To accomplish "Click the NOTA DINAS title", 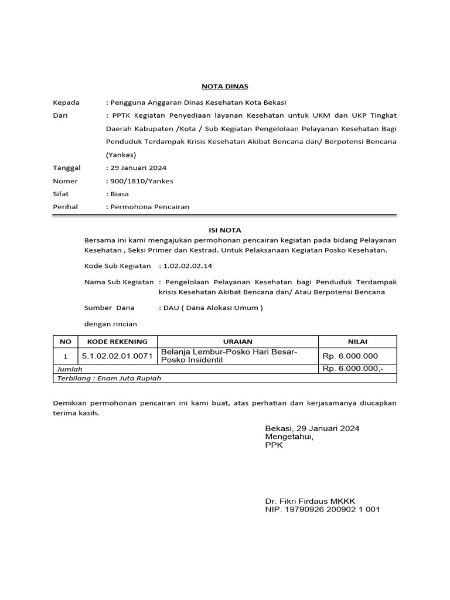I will (x=225, y=86).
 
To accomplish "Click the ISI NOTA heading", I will (x=225, y=230).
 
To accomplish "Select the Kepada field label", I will (x=66, y=102).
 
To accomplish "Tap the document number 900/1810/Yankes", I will (x=139, y=181).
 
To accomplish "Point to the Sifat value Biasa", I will (x=118, y=194).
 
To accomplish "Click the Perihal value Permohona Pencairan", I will (x=148, y=207).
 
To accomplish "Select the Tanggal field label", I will (x=67, y=168).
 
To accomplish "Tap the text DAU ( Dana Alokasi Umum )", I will (x=212, y=308).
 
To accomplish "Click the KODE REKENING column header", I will (x=117, y=342).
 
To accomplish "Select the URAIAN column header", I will (x=237, y=342).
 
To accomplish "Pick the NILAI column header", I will (x=357, y=342).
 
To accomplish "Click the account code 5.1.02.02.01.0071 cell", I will (x=117, y=356).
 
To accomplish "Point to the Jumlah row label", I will (x=69, y=369).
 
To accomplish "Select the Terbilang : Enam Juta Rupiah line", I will (x=108, y=379).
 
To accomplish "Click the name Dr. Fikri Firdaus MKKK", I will (x=309, y=501).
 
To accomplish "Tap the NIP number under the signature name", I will (x=322, y=509).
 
